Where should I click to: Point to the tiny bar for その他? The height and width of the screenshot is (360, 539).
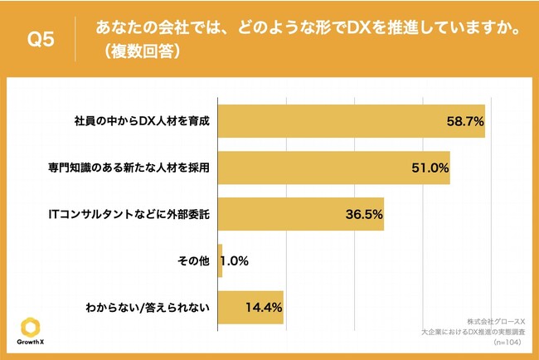221,261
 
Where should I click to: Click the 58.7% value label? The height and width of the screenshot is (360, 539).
464,121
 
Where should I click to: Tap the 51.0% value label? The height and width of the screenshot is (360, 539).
429,168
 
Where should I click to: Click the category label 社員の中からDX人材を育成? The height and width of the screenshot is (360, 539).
141,121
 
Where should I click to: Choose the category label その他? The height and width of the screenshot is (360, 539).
194,261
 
